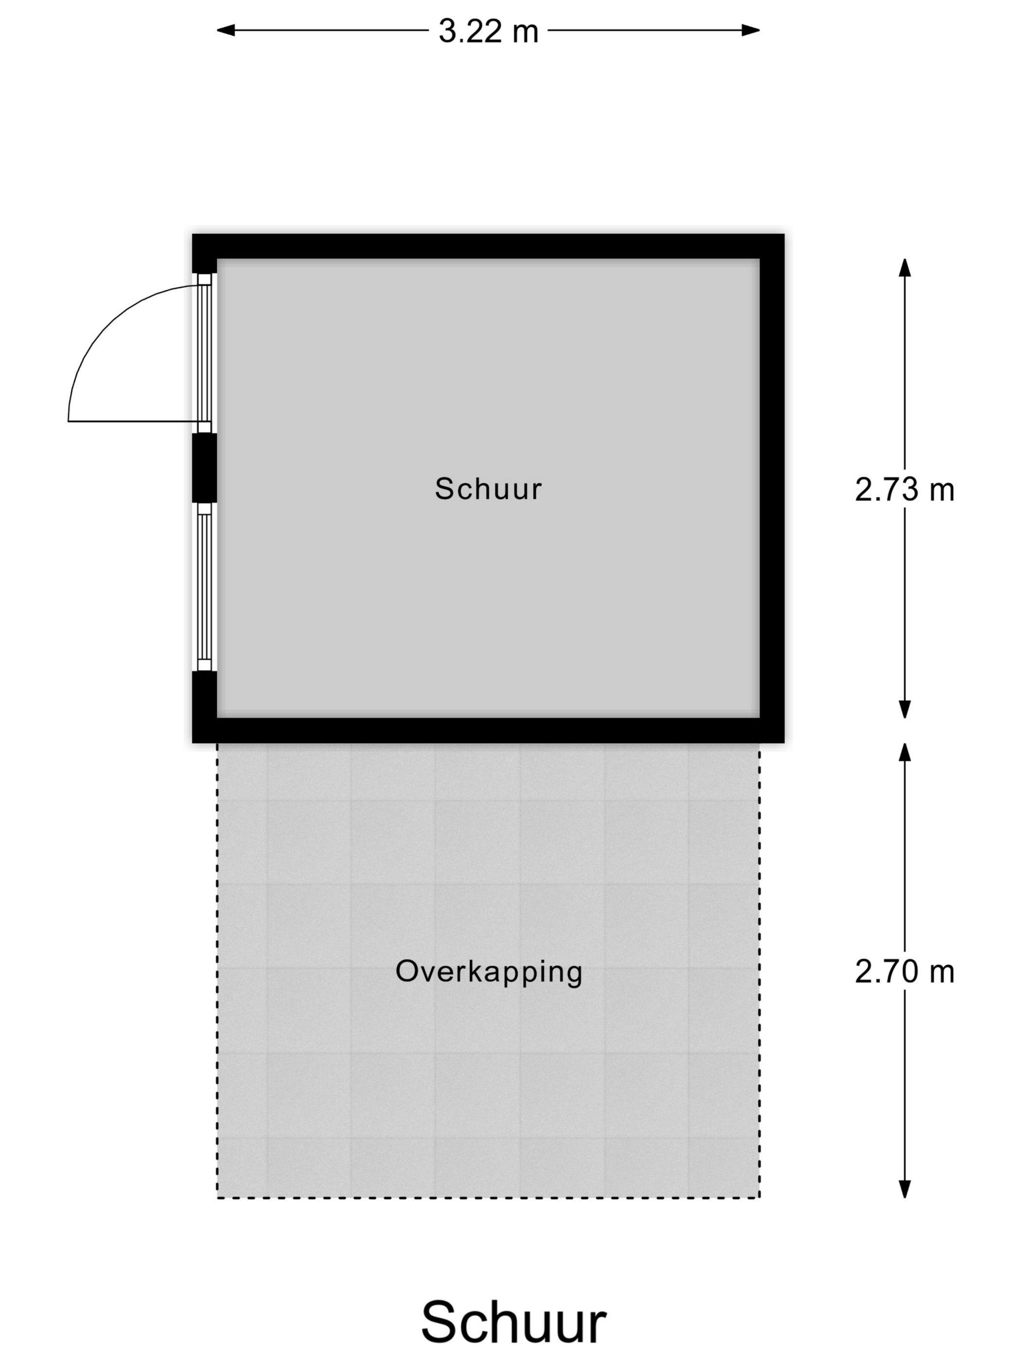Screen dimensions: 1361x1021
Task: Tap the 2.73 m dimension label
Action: (x=904, y=490)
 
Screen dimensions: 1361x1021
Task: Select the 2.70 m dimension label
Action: (x=904, y=972)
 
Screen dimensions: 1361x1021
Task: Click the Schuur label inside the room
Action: (x=488, y=489)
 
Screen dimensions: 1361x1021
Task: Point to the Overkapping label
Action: (x=489, y=972)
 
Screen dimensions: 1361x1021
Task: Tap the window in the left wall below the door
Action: (x=204, y=586)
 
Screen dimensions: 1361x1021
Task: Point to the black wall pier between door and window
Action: (x=204, y=468)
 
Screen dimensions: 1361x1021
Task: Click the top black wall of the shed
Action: (x=488, y=246)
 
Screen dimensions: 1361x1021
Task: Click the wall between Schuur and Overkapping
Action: (x=488, y=731)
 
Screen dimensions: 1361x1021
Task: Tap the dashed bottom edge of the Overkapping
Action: (x=488, y=1197)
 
